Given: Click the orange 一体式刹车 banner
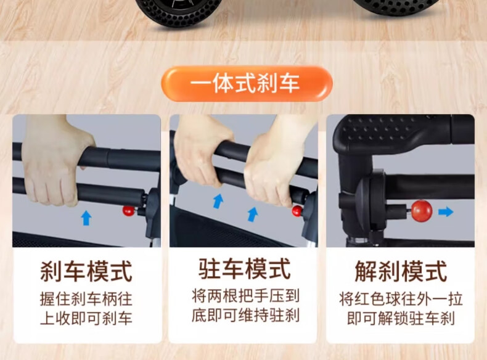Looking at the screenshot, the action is pos(247,84).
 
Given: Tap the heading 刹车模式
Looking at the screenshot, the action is pos(86,271).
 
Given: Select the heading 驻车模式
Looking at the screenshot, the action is pos(245,269).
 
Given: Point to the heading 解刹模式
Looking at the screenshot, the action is pos(401,271).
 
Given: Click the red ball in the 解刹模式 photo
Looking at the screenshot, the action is pos(422,211).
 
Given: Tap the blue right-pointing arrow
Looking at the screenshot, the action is pos(446,212).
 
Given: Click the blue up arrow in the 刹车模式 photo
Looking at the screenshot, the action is pos(86,218).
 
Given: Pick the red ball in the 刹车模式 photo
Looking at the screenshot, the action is pos(128,211).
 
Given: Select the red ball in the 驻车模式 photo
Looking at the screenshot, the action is pos(297,211).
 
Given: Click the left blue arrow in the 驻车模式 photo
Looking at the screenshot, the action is pos(218,201).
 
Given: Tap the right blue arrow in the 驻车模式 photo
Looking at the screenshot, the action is pos(253,215).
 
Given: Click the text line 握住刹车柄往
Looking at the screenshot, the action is pos(86,299).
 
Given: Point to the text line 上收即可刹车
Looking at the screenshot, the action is pos(86,318).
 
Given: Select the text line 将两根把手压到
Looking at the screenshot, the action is pos(245,296).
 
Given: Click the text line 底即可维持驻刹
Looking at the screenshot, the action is pos(245,315).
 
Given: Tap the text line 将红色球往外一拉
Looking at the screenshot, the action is pos(401,299).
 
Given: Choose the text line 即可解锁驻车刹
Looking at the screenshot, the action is pos(401,318).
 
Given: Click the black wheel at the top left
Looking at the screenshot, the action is pos(179,12).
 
